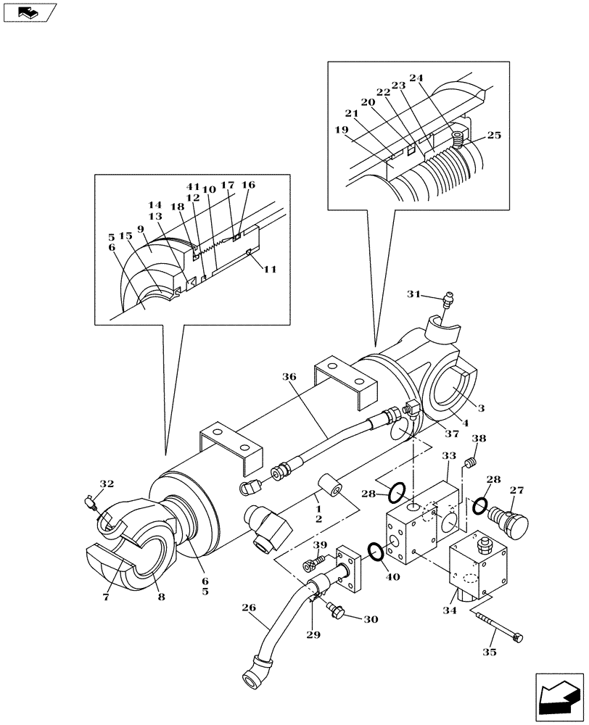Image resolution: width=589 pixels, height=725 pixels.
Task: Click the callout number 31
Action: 413,294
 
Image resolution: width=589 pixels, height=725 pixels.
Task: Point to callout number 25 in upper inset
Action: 494,136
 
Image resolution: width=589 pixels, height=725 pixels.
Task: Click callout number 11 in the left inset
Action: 269,270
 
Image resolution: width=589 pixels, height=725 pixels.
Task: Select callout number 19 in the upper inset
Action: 342,131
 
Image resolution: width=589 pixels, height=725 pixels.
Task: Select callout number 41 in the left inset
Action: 192,188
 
